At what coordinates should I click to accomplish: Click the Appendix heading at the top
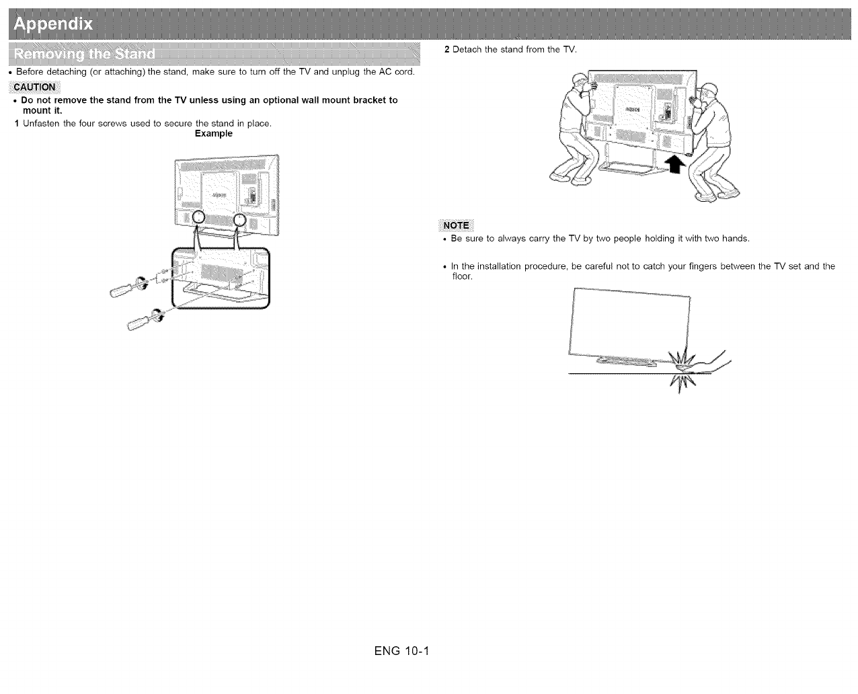(53, 25)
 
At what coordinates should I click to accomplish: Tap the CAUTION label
(34, 87)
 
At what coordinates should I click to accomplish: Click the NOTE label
(456, 225)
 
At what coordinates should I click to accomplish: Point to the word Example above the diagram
(213, 133)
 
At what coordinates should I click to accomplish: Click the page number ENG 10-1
(401, 652)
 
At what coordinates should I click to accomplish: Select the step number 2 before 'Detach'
(447, 50)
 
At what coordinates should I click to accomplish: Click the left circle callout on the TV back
(198, 217)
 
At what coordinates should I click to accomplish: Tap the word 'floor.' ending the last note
(462, 276)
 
